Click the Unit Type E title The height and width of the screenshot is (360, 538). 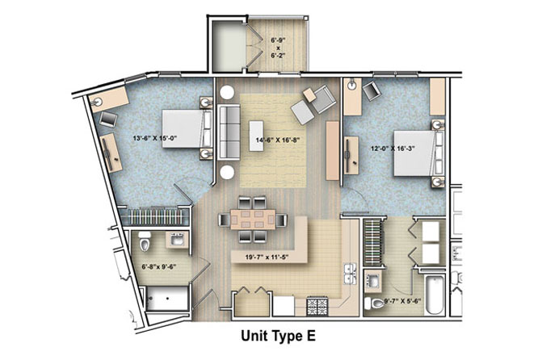click(x=278, y=336)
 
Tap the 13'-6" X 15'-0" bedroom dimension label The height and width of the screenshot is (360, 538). click(x=155, y=139)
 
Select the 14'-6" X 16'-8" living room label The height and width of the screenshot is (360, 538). click(x=278, y=140)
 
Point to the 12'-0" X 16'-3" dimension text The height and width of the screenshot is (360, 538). click(x=393, y=149)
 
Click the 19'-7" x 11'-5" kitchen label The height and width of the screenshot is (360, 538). click(x=267, y=257)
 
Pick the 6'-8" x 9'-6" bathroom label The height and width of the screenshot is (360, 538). click(x=159, y=266)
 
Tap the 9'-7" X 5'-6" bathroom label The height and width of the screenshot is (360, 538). click(x=403, y=302)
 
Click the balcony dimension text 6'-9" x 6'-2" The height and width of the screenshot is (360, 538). click(x=278, y=48)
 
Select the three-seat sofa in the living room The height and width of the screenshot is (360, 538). click(x=229, y=132)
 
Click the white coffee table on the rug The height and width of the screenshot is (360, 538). click(x=258, y=136)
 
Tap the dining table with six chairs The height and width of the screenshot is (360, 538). click(x=253, y=220)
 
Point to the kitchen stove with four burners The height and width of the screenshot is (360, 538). click(x=317, y=307)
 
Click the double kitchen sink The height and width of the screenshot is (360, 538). click(x=351, y=274)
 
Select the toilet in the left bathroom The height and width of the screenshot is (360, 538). click(x=145, y=242)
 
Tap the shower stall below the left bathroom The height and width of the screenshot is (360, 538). click(x=167, y=299)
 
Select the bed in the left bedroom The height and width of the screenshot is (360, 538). click(x=187, y=128)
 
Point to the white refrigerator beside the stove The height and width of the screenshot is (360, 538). click(x=284, y=306)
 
